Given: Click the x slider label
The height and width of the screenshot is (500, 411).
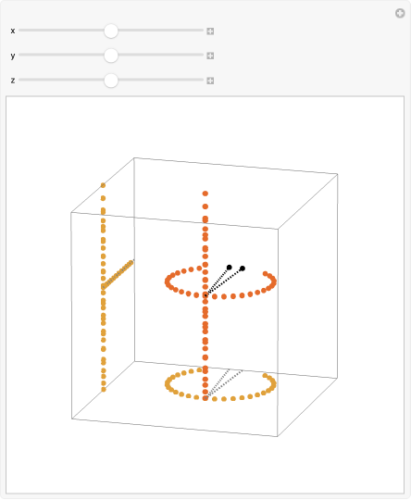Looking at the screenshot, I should click(13, 31).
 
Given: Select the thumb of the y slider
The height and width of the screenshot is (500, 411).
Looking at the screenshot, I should click(111, 56).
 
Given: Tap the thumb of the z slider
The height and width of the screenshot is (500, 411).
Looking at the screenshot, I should click(111, 81).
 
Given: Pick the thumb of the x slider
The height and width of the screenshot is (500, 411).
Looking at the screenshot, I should click(111, 31).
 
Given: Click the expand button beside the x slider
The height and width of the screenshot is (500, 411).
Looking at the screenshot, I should click(210, 31).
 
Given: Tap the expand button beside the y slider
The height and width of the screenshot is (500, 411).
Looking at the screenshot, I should click(210, 56).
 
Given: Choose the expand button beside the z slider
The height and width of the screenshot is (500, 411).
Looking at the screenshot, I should click(210, 81).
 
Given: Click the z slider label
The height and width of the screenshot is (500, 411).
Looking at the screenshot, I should click(13, 81).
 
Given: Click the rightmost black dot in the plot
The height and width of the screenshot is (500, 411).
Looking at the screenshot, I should click(243, 269).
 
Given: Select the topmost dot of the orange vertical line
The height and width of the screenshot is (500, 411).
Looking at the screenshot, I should click(103, 185).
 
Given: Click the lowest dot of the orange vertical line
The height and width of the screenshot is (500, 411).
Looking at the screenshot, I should click(103, 389).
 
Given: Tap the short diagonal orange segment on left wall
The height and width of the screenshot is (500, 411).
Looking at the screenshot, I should click(118, 276).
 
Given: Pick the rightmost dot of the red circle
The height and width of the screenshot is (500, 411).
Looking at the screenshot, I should click(275, 281).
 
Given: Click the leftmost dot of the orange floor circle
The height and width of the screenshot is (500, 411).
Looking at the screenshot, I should click(168, 382).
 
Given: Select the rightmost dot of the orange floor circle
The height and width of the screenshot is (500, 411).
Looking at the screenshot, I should click(275, 382).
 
